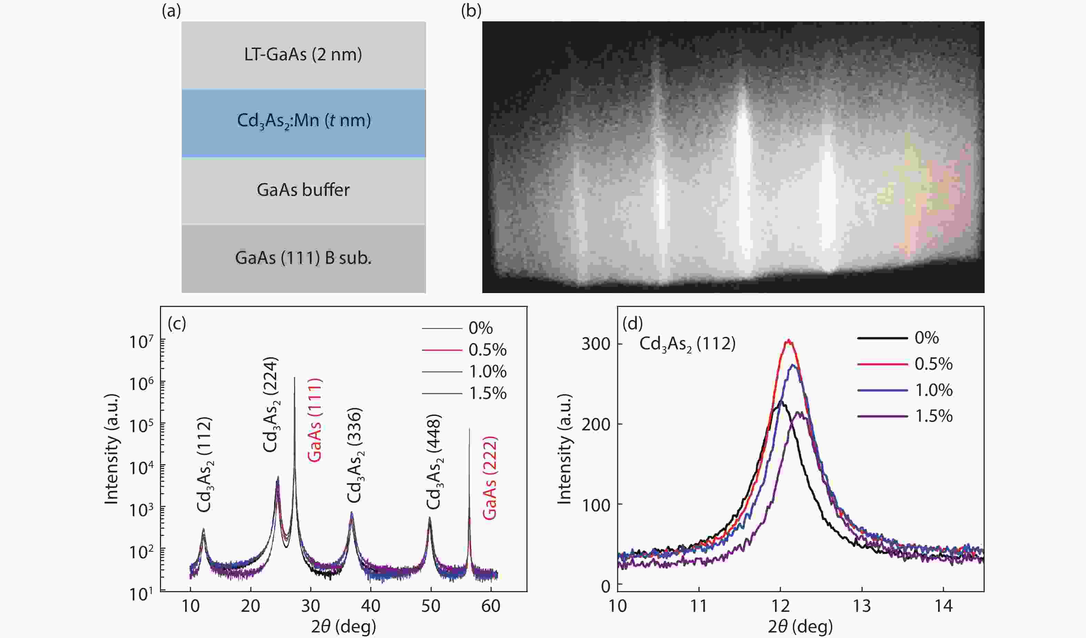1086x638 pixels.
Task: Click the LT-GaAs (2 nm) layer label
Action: coord(303,55)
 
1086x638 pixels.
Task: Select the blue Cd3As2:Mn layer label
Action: coord(304,121)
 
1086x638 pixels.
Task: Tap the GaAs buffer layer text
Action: coord(303,190)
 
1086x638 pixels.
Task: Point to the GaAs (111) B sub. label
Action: coord(303,258)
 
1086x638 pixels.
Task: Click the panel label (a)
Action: coord(171,11)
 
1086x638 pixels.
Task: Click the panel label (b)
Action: coord(471,11)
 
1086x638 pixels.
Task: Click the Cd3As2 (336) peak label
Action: coord(355,456)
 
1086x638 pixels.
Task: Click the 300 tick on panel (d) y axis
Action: coord(596,344)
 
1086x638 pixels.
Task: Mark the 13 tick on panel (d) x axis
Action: coord(862,607)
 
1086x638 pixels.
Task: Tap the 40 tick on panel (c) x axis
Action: coord(370,607)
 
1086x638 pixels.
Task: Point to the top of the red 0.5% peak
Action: coord(789,341)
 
